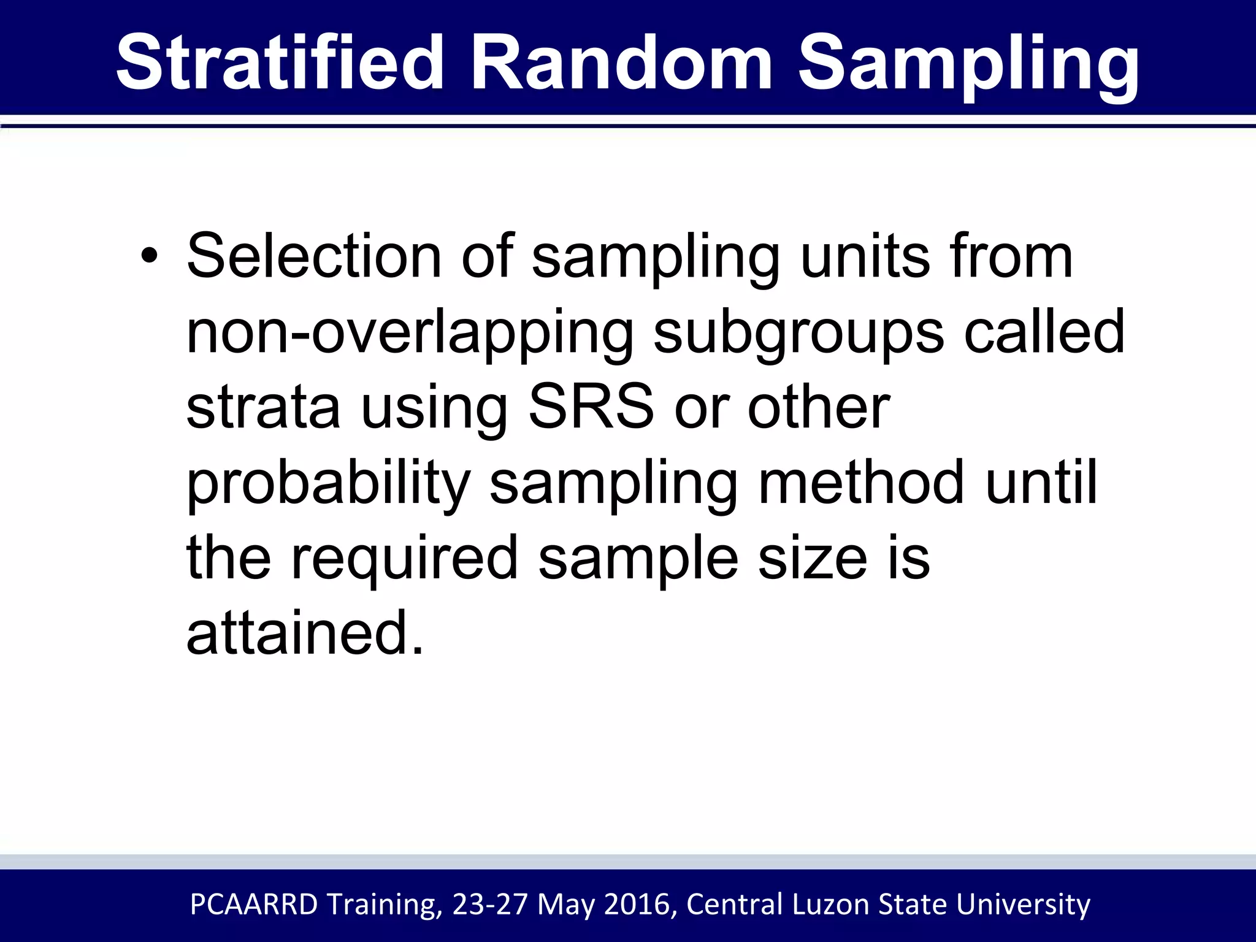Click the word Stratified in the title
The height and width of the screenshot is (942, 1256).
280,63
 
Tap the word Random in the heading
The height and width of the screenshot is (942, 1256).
621,63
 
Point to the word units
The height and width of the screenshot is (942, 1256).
865,256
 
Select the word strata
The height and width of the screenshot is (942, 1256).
263,408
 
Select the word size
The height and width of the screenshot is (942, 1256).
813,558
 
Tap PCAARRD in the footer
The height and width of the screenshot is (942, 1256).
254,905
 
